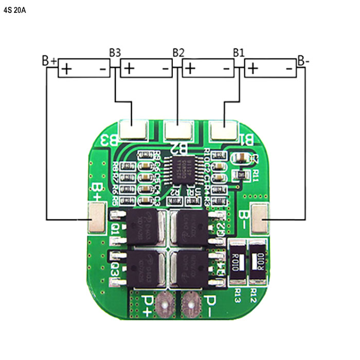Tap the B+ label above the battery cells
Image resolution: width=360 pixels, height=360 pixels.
(49, 61)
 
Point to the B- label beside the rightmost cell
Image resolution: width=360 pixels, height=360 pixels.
(303, 60)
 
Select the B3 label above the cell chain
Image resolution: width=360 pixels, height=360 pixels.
(115, 52)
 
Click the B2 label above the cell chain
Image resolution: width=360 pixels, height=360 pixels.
(178, 52)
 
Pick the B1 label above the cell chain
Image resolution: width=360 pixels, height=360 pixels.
(239, 52)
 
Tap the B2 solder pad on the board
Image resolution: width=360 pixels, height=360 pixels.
(178, 130)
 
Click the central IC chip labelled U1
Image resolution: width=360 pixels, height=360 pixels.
(183, 168)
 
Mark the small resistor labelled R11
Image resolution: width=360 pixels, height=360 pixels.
(239, 175)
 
